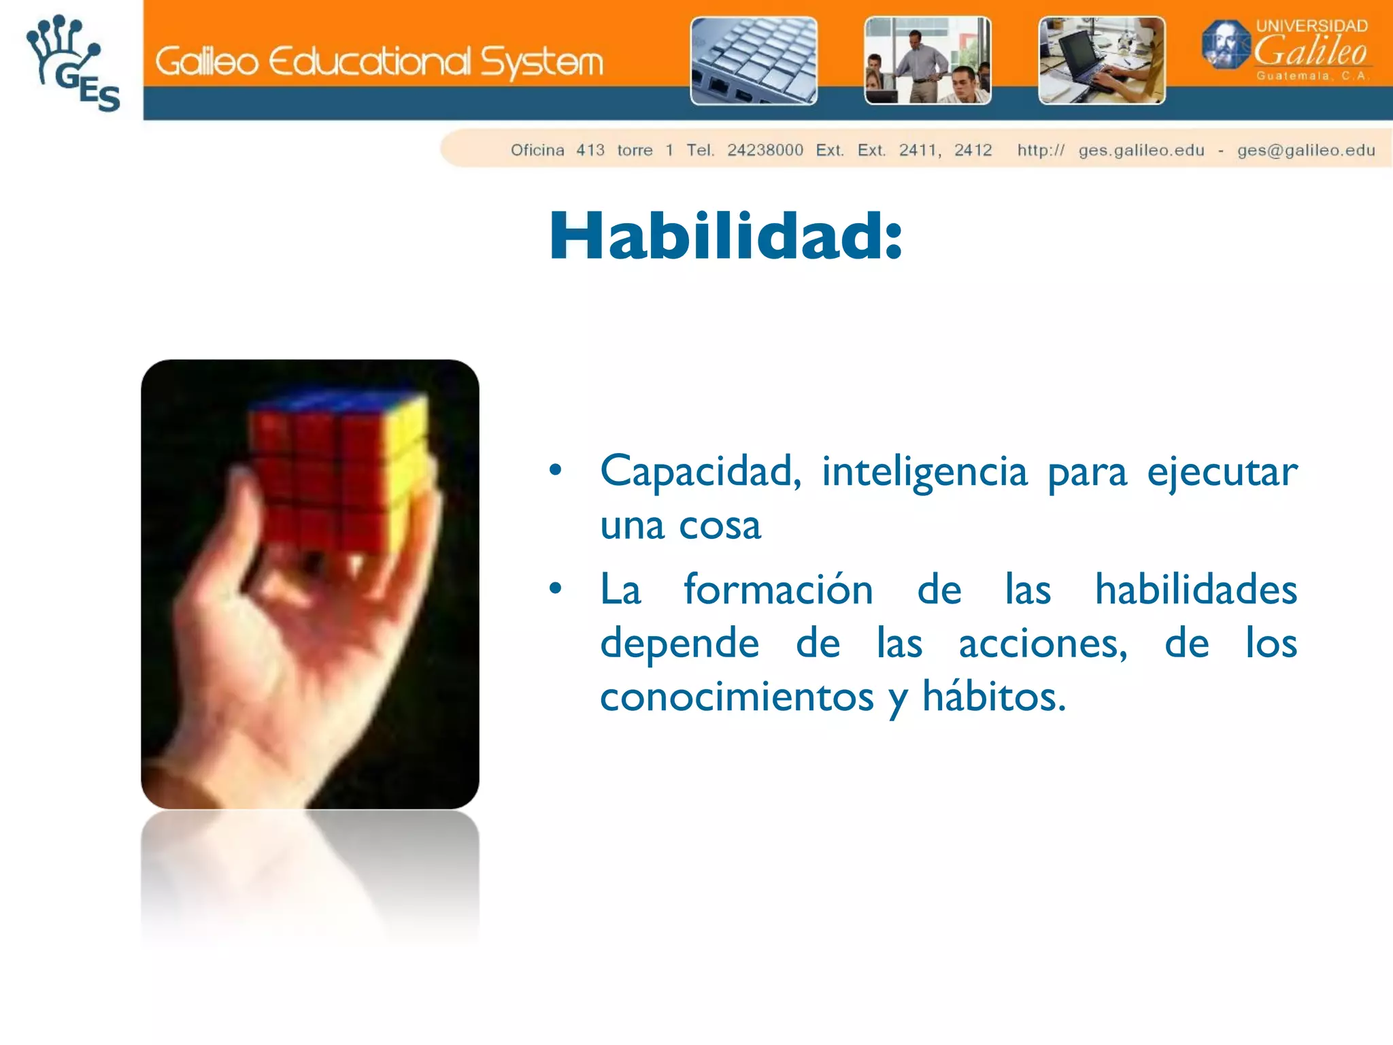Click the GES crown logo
71,63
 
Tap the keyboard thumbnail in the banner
754,61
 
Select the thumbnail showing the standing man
927,61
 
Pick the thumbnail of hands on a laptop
1101,61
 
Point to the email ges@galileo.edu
1306,150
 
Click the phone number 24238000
765,150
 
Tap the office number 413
590,150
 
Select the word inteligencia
924,471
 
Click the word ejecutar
1222,471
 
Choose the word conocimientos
737,697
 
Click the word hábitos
993,697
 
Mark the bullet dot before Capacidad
556,470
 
